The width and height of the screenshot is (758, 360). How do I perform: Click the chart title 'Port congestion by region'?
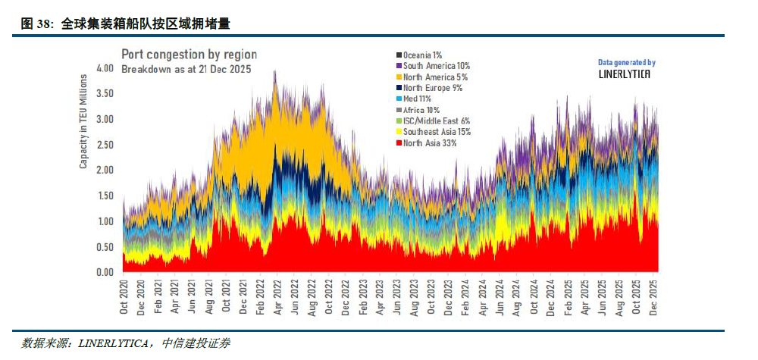click(x=189, y=55)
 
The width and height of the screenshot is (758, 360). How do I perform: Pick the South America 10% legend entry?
click(x=437, y=66)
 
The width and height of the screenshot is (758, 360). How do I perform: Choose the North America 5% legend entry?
click(x=435, y=77)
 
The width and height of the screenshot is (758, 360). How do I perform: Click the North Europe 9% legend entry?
click(x=432, y=88)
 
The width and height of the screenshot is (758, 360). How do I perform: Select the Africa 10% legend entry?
click(x=423, y=110)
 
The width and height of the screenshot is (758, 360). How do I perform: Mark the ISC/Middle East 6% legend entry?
click(x=437, y=121)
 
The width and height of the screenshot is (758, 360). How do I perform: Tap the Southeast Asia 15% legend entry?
click(x=437, y=132)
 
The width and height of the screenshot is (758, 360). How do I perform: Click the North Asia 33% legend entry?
click(x=429, y=143)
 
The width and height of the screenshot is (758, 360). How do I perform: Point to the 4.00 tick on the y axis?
click(x=105, y=68)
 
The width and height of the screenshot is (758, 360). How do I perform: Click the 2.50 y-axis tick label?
click(x=105, y=145)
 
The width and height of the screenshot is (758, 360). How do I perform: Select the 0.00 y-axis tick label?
click(x=105, y=272)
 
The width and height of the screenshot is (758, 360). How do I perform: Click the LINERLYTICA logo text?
click(x=626, y=74)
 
